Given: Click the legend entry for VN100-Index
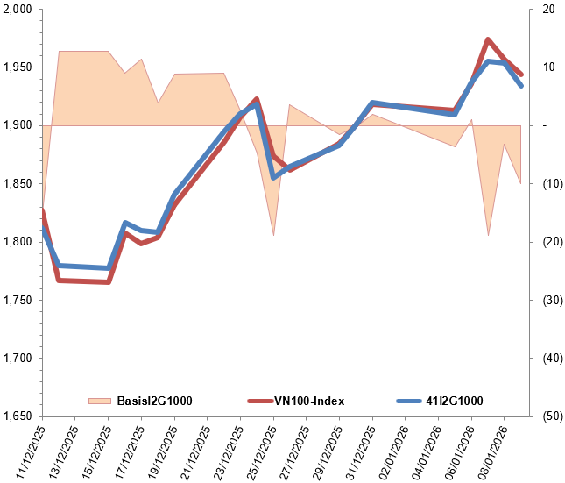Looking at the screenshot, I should tap(310, 401).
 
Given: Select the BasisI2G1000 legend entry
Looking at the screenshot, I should tap(154, 401).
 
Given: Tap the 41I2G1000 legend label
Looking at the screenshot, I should tap(455, 401).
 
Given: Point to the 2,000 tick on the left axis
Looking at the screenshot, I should tap(18, 10).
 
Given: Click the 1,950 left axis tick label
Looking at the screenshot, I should tap(18, 67).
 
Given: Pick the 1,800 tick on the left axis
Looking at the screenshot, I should tap(18, 242).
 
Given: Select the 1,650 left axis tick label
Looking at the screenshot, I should tap(18, 416).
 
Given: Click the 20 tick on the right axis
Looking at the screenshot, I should tap(549, 10).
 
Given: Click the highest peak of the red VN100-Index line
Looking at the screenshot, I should tap(488, 39).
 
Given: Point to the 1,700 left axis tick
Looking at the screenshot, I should tap(18, 359).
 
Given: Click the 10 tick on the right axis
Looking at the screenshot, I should tap(549, 67).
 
